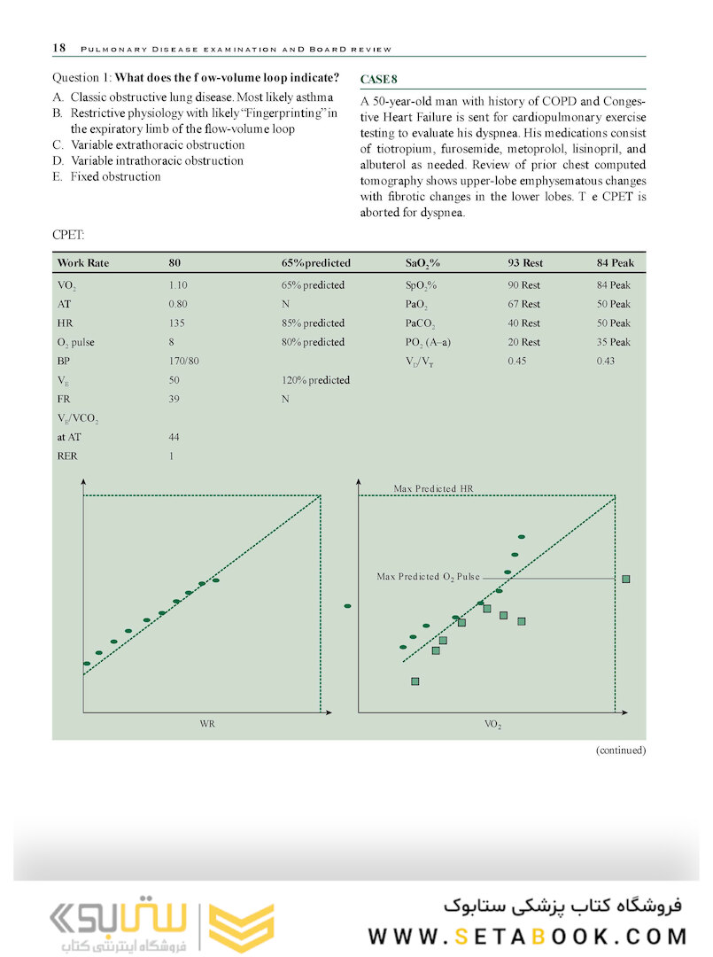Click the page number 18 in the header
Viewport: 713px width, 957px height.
click(x=58, y=48)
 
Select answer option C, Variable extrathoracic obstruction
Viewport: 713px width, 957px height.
click(x=157, y=144)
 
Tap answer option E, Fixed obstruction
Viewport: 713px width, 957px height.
click(x=115, y=176)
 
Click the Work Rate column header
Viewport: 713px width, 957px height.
click(x=82, y=263)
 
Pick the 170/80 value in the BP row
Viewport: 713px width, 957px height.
click(x=183, y=361)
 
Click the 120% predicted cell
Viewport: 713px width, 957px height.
click(x=314, y=380)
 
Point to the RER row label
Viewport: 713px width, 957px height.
click(x=66, y=456)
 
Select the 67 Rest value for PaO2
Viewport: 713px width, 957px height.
click(x=523, y=304)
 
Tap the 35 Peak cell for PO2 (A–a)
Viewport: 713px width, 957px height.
click(x=614, y=342)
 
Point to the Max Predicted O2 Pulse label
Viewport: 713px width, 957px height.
click(x=428, y=577)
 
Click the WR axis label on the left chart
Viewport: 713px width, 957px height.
click(x=207, y=725)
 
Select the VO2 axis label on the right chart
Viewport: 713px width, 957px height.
click(x=492, y=725)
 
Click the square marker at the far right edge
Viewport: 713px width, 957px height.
click(x=626, y=579)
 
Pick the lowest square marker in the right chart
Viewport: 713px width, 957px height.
click(x=415, y=681)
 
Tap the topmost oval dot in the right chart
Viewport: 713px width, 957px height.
click(x=522, y=537)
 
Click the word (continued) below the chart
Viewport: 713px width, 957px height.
click(x=620, y=750)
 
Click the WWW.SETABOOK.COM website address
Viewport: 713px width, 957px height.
click(x=528, y=936)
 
